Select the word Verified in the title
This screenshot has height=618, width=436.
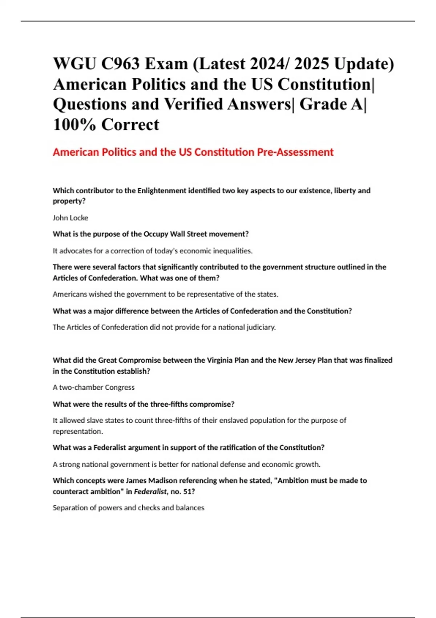(x=195, y=104)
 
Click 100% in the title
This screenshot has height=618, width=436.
(x=74, y=125)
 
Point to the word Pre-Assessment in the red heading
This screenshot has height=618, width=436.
(x=295, y=152)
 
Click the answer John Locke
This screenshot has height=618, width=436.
(x=70, y=218)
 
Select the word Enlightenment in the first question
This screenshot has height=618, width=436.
(x=162, y=190)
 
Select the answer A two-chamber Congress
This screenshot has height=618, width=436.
(x=93, y=388)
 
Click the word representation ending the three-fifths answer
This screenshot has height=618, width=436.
(x=77, y=432)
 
